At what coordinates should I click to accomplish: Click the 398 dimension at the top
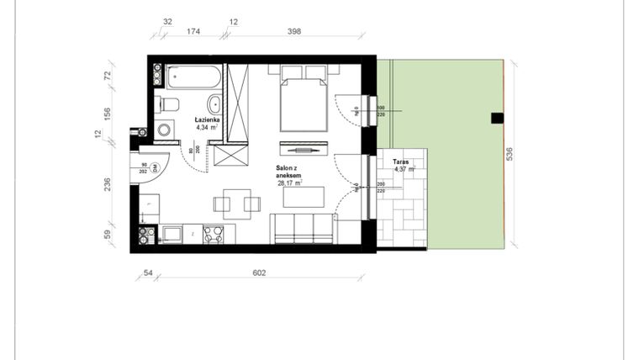(293, 31)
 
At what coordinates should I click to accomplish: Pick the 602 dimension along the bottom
(259, 273)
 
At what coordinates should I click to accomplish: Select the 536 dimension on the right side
(510, 154)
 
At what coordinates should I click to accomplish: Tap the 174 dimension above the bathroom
(192, 31)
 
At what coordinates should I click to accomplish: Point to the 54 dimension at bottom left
(148, 273)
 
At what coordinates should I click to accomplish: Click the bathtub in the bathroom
(193, 79)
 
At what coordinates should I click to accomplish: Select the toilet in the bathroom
(169, 104)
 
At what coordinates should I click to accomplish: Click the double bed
(303, 99)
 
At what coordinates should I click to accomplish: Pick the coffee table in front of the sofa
(304, 197)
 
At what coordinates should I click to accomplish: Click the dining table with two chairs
(233, 203)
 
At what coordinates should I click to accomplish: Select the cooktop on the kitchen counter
(213, 234)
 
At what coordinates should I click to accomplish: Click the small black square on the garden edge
(497, 118)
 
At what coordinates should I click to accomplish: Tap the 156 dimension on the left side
(107, 114)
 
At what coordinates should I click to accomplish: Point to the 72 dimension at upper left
(107, 75)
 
